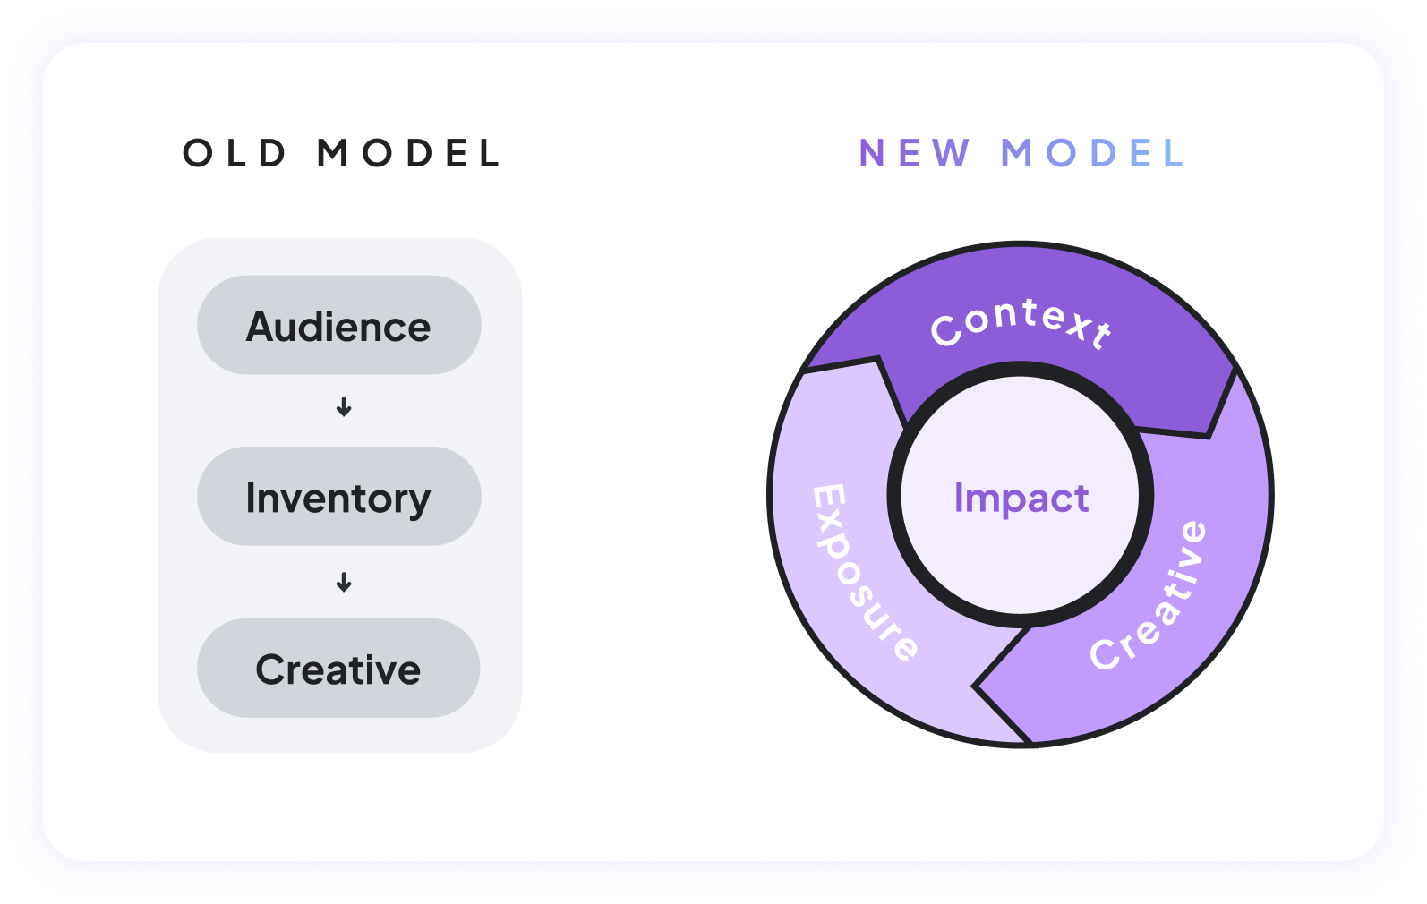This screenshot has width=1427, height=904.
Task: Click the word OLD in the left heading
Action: [x=235, y=154]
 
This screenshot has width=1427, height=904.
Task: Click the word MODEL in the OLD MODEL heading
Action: [x=408, y=154]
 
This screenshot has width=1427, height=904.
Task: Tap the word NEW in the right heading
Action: [x=914, y=154]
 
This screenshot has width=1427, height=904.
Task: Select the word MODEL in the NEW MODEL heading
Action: [x=1093, y=154]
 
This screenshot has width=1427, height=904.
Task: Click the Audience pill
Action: [x=338, y=326]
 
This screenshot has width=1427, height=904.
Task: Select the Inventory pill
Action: [x=338, y=497]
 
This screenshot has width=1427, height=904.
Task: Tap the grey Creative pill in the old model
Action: [x=338, y=669]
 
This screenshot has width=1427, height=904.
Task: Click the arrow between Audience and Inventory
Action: [x=344, y=407]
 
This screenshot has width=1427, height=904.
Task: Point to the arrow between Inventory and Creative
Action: [x=344, y=583]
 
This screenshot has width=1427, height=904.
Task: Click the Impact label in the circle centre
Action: [x=1021, y=498]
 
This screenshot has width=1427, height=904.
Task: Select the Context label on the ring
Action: [x=1021, y=322]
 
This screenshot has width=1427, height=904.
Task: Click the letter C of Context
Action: [x=945, y=331]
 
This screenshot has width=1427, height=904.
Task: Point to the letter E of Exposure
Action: [x=829, y=499]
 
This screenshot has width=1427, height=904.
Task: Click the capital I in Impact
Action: [x=959, y=498]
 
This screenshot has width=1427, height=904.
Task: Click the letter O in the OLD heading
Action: [x=197, y=154]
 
